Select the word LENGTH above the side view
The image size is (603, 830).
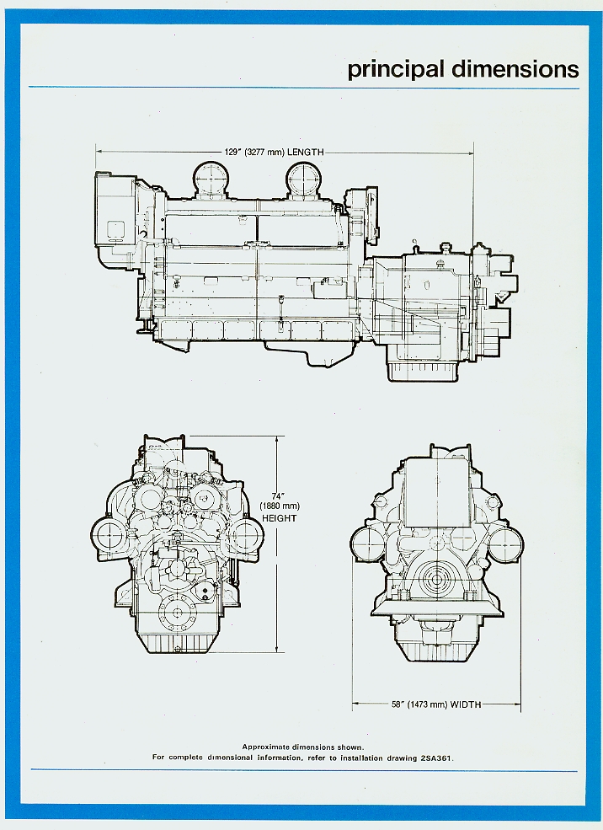tap(306, 153)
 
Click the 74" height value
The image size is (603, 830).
tap(278, 496)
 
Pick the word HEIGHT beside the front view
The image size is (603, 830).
tap(280, 518)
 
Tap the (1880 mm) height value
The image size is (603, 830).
tap(280, 507)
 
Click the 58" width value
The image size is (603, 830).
tap(398, 704)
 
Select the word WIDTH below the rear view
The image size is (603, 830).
tap(466, 704)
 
